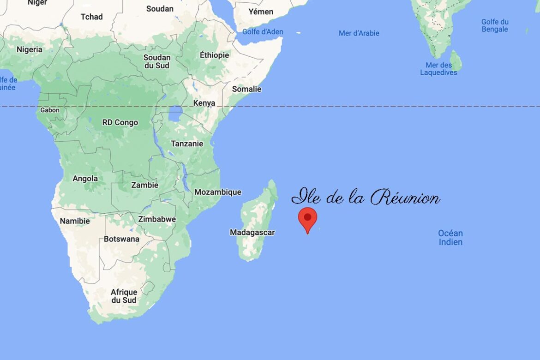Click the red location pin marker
(307, 218)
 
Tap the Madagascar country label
(252, 233)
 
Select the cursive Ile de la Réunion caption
(366, 198)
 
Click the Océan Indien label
(450, 238)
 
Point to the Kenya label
(204, 103)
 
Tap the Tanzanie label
(187, 144)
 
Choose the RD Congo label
(120, 123)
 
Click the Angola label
(85, 179)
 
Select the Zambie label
(144, 185)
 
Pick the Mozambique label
(218, 192)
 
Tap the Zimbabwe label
(157, 219)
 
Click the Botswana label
(121, 239)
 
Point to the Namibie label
(75, 221)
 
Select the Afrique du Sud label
(124, 296)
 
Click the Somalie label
(246, 89)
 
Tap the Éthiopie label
(214, 55)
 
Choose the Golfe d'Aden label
(263, 32)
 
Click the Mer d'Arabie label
(359, 33)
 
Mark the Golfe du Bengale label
(495, 25)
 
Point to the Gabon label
(50, 110)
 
